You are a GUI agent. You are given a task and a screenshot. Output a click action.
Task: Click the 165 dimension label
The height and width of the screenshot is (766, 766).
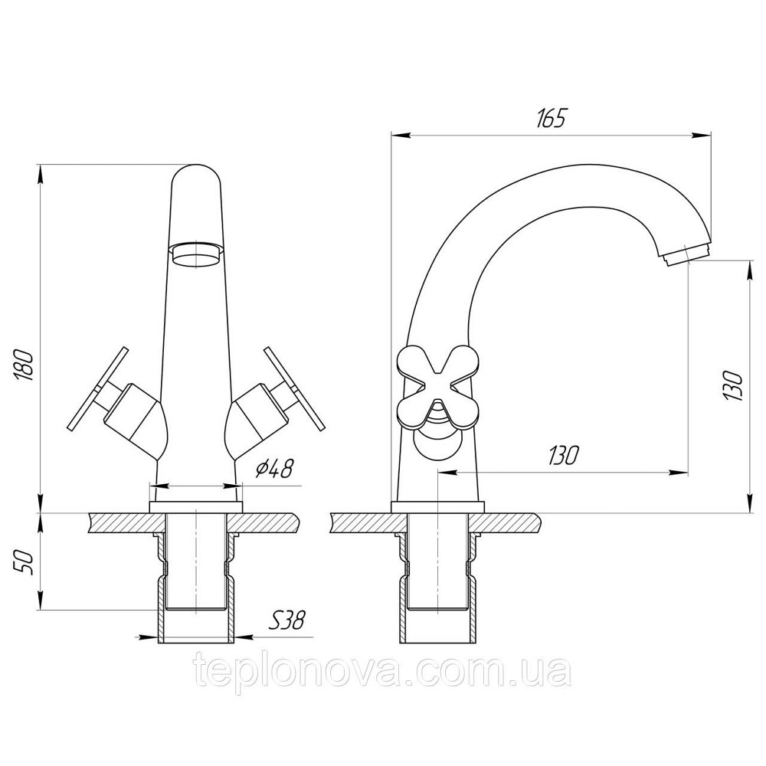pos(550,119)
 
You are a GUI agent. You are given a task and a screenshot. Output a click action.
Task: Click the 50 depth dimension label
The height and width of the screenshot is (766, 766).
pos(23,563)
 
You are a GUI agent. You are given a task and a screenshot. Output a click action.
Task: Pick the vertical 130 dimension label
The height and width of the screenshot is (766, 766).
pos(733,386)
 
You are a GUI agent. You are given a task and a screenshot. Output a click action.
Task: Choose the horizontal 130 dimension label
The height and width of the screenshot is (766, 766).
pos(563,455)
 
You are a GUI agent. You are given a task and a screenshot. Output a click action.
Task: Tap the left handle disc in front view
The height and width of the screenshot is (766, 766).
pos(98,388)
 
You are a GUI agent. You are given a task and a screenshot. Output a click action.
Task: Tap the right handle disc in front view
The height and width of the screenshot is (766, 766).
pos(293,389)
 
